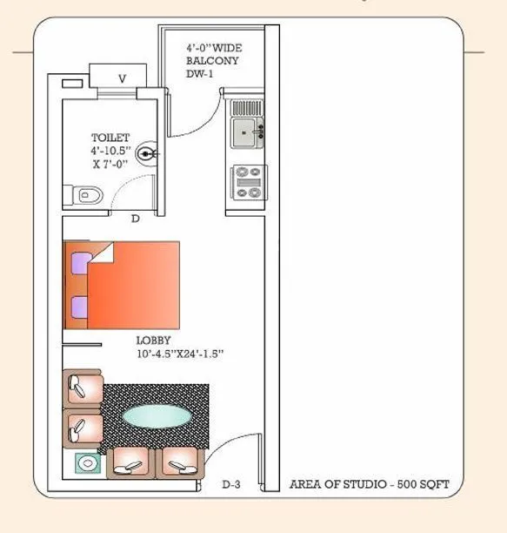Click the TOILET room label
[x=110, y=138]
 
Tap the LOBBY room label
[x=153, y=341]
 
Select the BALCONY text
[x=212, y=61]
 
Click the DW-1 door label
[x=200, y=75]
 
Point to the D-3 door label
[x=231, y=484]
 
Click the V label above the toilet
[x=123, y=78]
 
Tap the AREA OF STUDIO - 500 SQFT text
[x=370, y=483]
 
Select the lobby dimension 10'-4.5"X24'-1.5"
[x=180, y=354]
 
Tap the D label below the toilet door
[x=135, y=219]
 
